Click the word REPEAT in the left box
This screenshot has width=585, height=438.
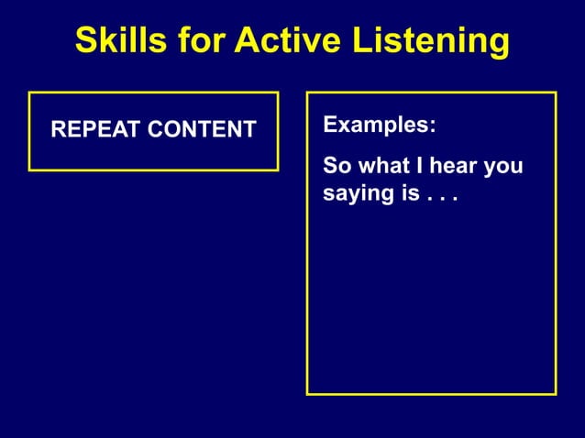[x=92, y=130]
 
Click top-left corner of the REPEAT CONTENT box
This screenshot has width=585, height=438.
[x=29, y=93]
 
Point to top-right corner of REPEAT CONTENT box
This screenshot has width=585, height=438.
[x=278, y=93]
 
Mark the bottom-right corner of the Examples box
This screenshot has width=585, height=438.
[x=556, y=394]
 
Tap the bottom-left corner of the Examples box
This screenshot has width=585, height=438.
[x=307, y=394]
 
